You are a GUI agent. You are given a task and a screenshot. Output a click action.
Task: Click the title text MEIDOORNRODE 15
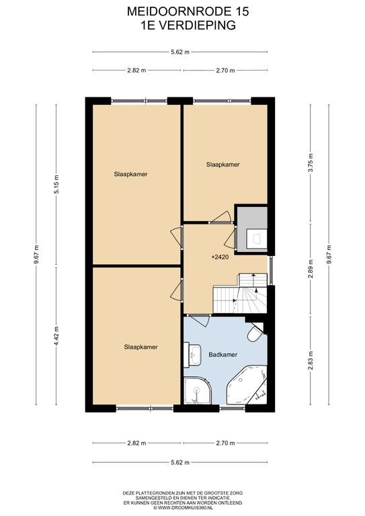(188, 12)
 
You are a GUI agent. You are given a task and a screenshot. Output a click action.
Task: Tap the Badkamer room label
(222, 355)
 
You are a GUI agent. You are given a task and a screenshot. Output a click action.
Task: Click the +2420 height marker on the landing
(220, 257)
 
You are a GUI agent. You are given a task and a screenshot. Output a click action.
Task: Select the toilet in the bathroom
(255, 333)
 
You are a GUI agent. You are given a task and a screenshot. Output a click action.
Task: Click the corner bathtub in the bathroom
(247, 384)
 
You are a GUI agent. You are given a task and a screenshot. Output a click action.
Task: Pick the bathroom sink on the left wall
(192, 355)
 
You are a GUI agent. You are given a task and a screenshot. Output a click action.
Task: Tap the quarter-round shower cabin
(197, 390)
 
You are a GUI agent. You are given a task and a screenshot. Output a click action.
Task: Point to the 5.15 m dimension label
(56, 188)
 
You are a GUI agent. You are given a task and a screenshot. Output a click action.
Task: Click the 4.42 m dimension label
(56, 336)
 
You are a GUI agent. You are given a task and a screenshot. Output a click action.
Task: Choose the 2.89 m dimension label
(311, 269)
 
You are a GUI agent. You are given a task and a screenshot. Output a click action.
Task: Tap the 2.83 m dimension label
(311, 360)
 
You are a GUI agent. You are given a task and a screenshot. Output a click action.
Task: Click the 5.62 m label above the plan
(180, 52)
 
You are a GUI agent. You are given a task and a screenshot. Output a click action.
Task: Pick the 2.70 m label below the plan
(225, 443)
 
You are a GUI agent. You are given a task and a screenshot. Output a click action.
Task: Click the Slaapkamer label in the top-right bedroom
(222, 165)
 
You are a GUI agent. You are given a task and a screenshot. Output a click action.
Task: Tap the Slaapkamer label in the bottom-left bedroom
(141, 347)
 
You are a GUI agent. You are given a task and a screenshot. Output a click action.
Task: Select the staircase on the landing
(240, 293)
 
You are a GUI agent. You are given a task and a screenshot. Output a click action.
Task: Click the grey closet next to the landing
(252, 229)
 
